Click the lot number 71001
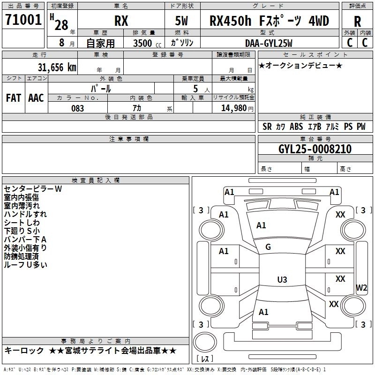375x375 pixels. [23, 21]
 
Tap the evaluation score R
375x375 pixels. [357, 22]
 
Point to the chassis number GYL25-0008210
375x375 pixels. [315, 149]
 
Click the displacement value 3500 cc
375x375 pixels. [144, 43]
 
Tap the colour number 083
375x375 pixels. [77, 108]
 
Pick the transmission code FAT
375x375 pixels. [14, 98]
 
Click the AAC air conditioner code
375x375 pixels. [36, 98]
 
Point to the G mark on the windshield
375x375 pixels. [268, 247]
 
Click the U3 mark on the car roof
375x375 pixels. [282, 280]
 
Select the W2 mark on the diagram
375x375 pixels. [362, 287]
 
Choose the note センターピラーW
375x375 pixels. [33, 189]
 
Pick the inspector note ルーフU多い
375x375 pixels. [25, 265]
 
